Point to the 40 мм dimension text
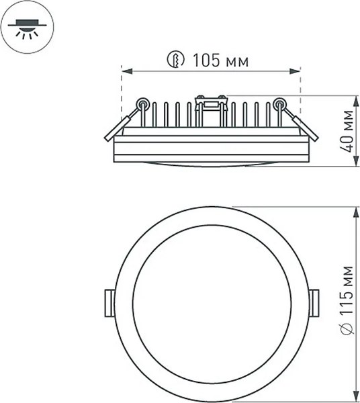pyautogui.click(x=347, y=131)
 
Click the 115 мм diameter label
pyautogui.click(x=347, y=293)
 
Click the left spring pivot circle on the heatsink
pyautogui.click(x=142, y=103)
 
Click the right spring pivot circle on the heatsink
pyautogui.click(x=279, y=103)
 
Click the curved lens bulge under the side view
pyautogui.click(x=211, y=164)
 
